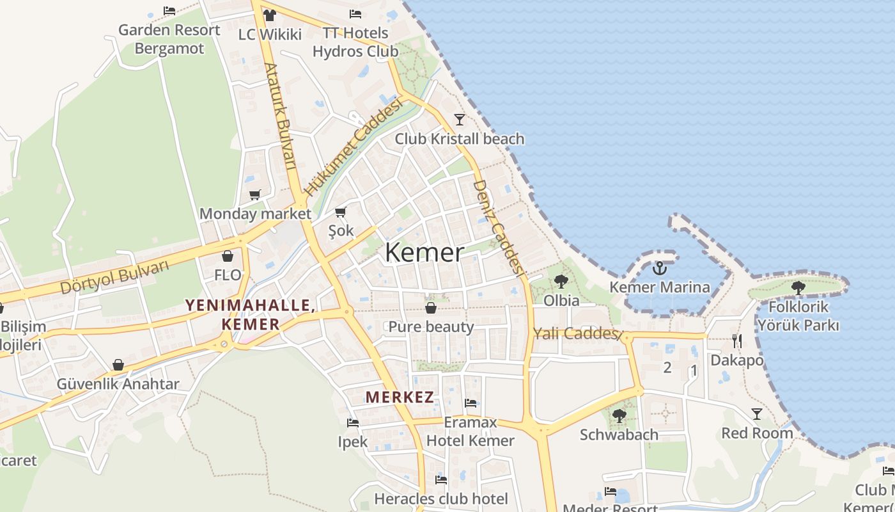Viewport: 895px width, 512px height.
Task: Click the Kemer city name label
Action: [424, 253]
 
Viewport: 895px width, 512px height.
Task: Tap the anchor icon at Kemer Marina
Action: [660, 268]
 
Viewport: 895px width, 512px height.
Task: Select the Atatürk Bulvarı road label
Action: [281, 116]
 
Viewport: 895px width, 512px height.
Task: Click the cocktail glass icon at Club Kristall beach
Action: [459, 120]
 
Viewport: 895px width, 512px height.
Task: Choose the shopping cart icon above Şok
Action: [341, 212]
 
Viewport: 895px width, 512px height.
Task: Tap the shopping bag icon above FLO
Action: [228, 257]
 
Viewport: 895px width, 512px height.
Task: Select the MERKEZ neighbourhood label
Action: [400, 397]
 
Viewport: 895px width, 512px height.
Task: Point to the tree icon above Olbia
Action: [561, 281]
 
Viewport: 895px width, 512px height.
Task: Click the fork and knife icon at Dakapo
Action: [737, 341]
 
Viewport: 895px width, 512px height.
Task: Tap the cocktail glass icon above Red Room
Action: [757, 414]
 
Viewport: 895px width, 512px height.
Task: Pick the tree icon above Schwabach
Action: [619, 416]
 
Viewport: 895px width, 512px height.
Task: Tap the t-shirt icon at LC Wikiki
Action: [269, 15]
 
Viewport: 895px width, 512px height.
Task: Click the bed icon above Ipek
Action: [352, 423]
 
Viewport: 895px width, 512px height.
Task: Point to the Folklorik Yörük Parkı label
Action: [798, 316]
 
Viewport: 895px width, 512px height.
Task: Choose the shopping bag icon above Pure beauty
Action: [431, 308]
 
